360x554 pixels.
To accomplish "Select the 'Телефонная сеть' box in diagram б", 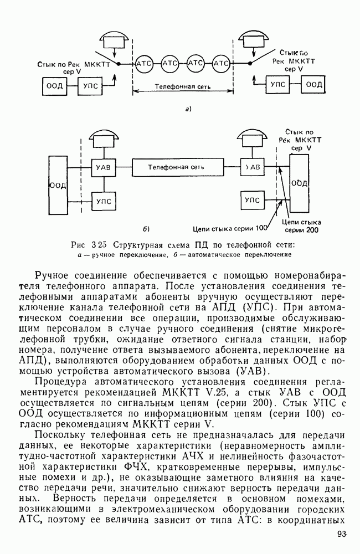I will tap(176, 166).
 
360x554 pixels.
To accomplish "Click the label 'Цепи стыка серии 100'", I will tap(230, 227).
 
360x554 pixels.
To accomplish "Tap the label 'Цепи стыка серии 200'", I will tap(302, 225).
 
